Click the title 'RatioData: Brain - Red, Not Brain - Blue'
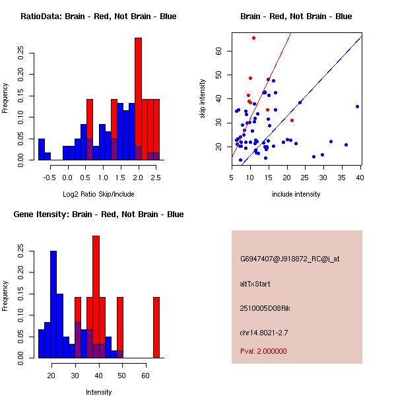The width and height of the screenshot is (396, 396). tap(98, 16)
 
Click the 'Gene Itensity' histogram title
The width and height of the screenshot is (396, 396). tap(98, 214)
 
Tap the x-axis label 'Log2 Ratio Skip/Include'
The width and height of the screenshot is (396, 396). tap(98, 194)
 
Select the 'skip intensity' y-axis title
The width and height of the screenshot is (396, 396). tap(203, 99)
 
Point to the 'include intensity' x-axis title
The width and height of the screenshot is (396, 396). tap(296, 194)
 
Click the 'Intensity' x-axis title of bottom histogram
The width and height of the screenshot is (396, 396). tap(98, 392)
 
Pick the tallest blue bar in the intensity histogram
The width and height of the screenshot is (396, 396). tap(53, 304)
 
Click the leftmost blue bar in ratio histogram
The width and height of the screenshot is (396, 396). tap(42, 149)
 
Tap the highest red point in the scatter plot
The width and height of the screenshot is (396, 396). tap(253, 38)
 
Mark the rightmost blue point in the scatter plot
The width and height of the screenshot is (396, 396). tap(357, 106)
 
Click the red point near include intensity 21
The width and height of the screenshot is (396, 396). tap(292, 120)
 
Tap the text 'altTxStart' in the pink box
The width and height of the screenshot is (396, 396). tap(255, 284)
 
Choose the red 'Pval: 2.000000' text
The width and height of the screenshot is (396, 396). tap(263, 351)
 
